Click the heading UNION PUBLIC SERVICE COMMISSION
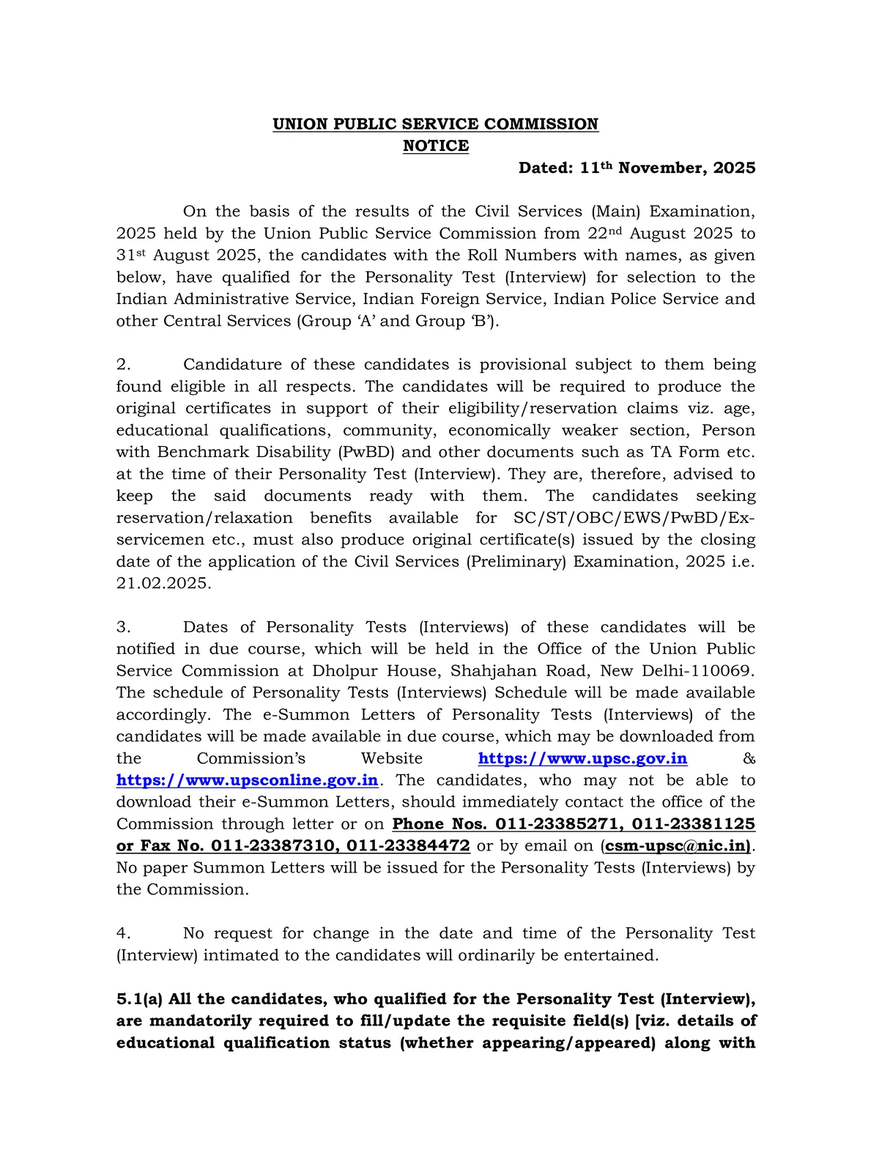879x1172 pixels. click(435, 124)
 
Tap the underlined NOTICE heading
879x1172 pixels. click(435, 146)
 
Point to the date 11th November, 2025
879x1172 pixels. click(667, 168)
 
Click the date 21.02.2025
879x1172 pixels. click(163, 584)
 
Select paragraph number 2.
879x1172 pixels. click(123, 365)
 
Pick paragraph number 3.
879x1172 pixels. click(123, 627)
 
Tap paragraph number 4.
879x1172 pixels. click(123, 933)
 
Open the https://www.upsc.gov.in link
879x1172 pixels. click(582, 759)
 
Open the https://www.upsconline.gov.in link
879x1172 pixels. click(247, 781)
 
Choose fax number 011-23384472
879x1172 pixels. click(408, 846)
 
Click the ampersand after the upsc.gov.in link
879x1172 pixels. click(749, 759)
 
